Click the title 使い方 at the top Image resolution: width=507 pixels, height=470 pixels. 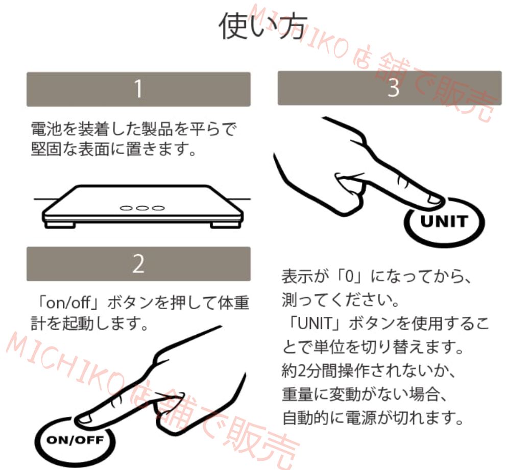[x=263, y=25]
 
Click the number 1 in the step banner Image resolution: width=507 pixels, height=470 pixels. [x=138, y=89]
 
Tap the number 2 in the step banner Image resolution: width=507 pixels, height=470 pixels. [x=138, y=264]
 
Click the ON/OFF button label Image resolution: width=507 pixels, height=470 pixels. [x=75, y=440]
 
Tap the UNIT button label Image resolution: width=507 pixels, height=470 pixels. [x=444, y=221]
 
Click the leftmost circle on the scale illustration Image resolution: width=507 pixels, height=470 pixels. [x=125, y=208]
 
